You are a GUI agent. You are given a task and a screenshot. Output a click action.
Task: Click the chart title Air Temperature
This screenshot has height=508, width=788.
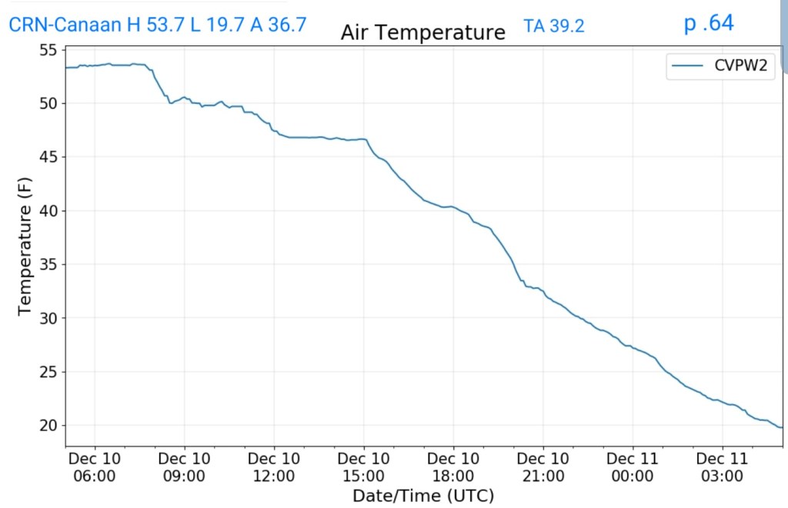pyautogui.click(x=423, y=33)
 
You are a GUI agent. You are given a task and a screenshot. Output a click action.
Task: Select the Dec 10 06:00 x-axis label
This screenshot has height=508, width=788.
pyautogui.click(x=95, y=466)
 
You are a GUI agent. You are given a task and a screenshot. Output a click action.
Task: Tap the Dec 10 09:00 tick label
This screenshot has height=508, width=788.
pyautogui.click(x=185, y=466)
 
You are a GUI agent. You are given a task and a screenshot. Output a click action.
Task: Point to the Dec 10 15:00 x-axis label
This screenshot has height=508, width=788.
pyautogui.click(x=364, y=466)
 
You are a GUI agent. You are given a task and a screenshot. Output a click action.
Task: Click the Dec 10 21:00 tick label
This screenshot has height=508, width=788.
pyautogui.click(x=543, y=466)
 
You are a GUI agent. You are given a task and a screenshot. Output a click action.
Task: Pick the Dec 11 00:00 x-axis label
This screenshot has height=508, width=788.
pyautogui.click(x=633, y=466)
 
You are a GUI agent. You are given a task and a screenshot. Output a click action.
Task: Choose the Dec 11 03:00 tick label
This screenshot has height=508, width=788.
pyautogui.click(x=723, y=466)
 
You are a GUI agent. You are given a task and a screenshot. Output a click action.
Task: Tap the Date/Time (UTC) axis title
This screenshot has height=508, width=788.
pyautogui.click(x=423, y=495)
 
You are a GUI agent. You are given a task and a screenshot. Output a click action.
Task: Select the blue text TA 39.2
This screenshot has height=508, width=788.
pyautogui.click(x=554, y=26)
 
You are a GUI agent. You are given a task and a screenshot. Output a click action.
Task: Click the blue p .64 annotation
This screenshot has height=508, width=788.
pyautogui.click(x=709, y=23)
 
